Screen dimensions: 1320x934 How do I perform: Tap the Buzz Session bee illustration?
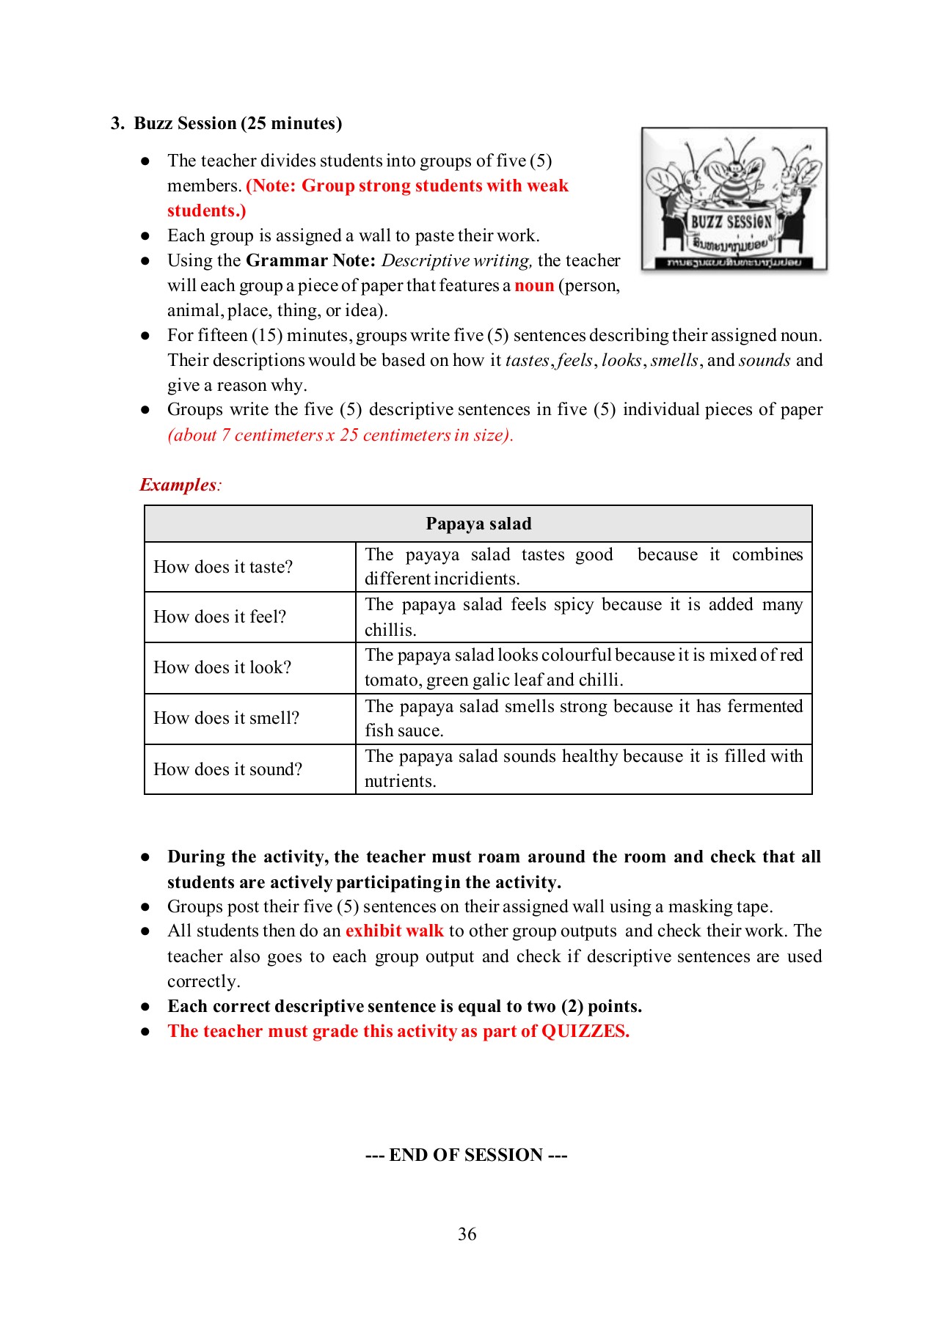734,199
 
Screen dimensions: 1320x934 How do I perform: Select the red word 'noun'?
533,285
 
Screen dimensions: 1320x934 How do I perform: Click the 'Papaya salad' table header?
478,524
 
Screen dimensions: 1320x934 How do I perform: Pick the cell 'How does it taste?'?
223,567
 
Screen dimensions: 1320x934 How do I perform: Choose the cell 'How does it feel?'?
220,617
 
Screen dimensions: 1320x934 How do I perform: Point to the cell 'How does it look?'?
222,667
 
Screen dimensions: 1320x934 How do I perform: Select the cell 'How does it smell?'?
226,718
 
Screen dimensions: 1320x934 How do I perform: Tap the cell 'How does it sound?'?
227,769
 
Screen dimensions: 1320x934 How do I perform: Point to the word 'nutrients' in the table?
399,781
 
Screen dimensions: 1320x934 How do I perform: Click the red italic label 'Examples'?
178,485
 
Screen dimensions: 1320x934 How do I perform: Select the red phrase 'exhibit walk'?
394,931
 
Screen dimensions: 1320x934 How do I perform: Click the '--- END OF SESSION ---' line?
466,1155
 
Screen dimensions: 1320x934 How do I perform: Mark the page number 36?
467,1234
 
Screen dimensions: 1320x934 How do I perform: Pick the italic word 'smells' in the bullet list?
674,360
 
